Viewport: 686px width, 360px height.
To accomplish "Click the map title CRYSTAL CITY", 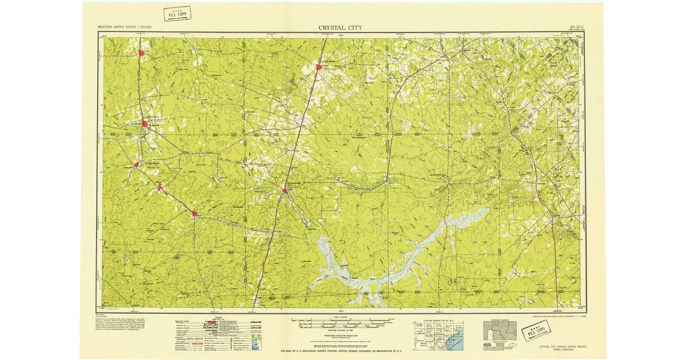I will [340, 27].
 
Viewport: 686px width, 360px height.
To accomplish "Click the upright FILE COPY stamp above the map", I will [177, 14].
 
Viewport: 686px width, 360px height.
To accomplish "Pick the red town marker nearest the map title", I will [319, 67].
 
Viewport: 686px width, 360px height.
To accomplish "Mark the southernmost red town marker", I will [194, 214].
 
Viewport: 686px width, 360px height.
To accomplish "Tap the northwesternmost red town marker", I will [141, 54].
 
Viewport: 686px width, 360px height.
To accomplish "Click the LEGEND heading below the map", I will [218, 317].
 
